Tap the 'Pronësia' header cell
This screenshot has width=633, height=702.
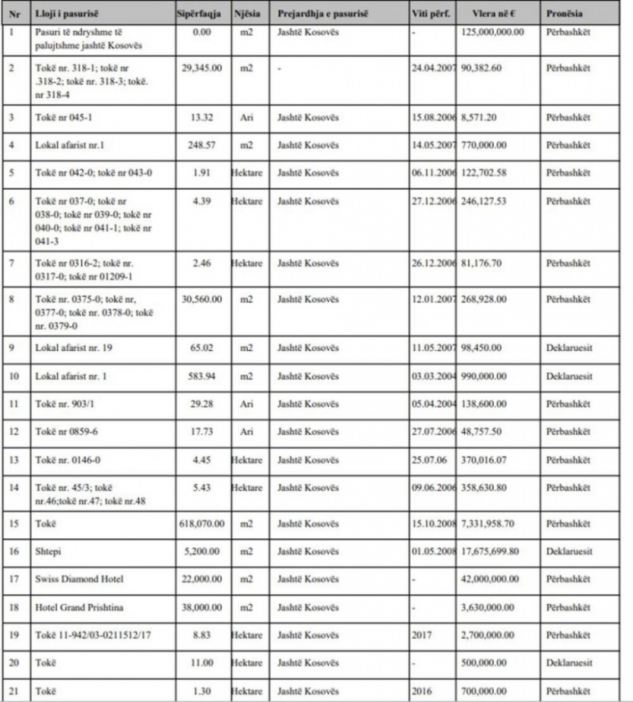pos(563,14)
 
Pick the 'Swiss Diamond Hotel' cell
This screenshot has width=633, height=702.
pos(79,579)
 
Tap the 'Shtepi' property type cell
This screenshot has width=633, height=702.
pos(46,551)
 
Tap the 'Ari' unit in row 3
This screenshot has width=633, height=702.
pos(246,117)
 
